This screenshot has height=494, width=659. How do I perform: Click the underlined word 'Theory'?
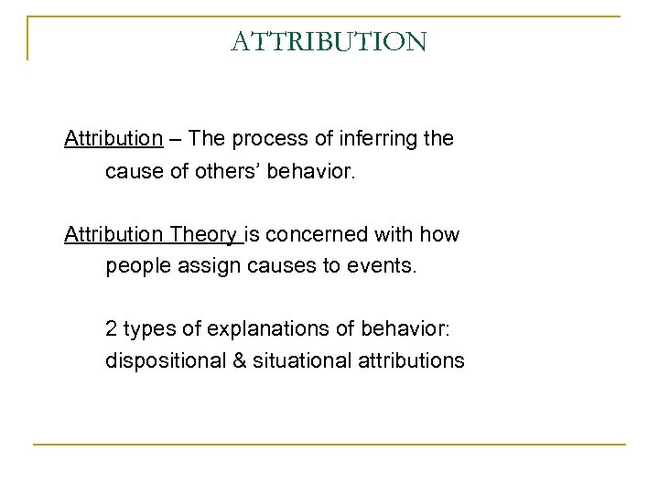click(208, 235)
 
